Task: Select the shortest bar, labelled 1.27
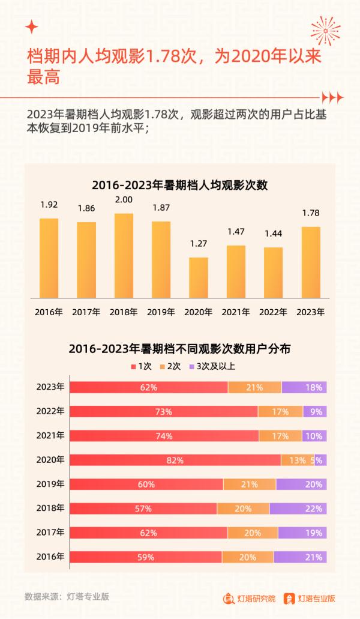(198, 277)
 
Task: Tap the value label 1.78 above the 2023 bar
(310, 213)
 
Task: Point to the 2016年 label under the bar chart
(49, 312)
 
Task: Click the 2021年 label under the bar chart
(236, 312)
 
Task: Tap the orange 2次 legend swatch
(163, 366)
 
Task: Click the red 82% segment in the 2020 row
(175, 460)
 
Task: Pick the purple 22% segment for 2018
(298, 509)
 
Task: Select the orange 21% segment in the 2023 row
(254, 387)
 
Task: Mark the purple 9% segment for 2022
(314, 412)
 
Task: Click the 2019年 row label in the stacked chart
(50, 484)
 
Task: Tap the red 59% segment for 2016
(146, 557)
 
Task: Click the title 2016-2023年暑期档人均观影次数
(179, 185)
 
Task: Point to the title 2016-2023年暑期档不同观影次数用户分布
(179, 348)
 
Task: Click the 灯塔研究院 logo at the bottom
(250, 598)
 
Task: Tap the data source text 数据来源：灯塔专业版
(67, 597)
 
